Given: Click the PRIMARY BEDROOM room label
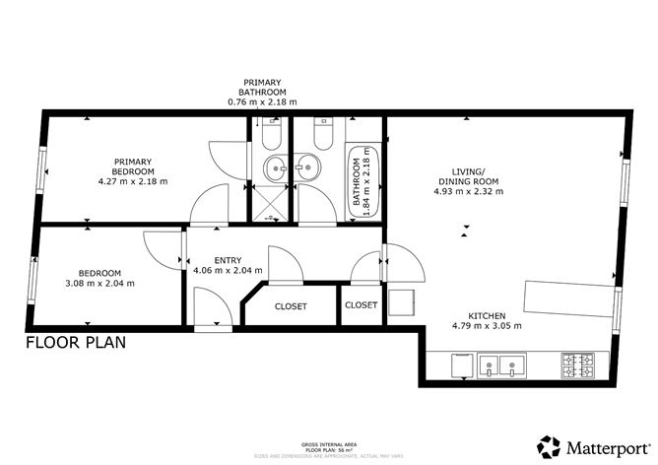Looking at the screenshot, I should (133, 166).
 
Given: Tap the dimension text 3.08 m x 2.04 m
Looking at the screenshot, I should (99, 284).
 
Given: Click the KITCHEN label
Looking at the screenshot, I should (487, 314).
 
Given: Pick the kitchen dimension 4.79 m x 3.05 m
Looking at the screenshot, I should (487, 326).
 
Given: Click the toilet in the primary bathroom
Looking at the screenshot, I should (271, 133).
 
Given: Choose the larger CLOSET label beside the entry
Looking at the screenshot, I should (291, 306).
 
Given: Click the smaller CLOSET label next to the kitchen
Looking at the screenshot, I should (362, 305).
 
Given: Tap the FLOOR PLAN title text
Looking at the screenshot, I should (75, 344).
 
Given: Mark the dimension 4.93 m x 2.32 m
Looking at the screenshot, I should (468, 192).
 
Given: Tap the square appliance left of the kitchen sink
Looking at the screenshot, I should (460, 367).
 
